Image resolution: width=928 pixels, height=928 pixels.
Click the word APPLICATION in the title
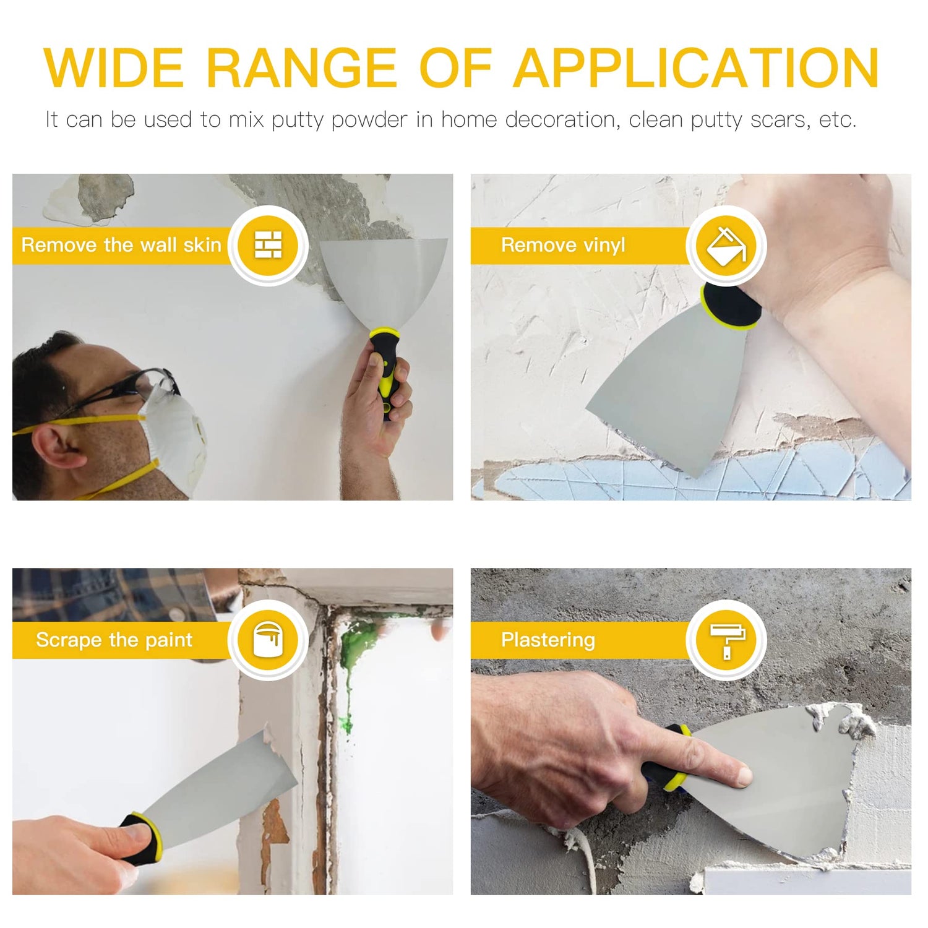pos(695,68)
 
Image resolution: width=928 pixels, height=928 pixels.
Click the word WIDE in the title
pos(114,68)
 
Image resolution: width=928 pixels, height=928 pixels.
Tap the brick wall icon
pos(269,245)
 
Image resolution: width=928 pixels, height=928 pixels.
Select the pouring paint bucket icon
pos(726,246)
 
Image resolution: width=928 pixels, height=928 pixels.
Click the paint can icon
pos(269,640)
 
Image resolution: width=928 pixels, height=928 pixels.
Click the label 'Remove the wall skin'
pos(121,245)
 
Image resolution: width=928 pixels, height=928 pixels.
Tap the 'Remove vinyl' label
pos(563,245)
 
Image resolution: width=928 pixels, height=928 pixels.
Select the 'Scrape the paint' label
pos(114,640)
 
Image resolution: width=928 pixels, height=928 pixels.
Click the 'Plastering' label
pos(548,640)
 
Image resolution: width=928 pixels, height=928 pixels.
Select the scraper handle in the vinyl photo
pos(730,306)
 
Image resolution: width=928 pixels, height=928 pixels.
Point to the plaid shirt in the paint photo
pos(105,594)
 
